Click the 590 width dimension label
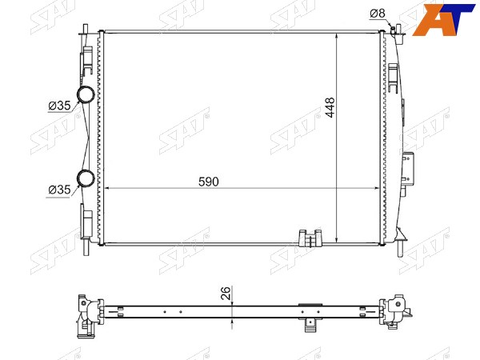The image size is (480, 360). [x=209, y=182]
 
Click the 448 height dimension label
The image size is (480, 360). [x=330, y=107]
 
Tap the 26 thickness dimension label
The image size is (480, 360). [x=226, y=294]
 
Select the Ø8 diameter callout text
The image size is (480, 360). [x=377, y=13]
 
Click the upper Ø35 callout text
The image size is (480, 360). [x=59, y=106]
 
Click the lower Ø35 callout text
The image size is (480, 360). [x=59, y=190]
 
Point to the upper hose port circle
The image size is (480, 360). [x=86, y=94]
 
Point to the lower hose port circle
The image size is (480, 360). [x=86, y=178]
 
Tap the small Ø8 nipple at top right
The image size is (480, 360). [x=393, y=30]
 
